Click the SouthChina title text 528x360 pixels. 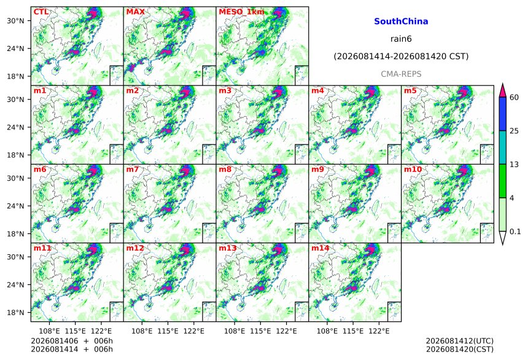pyautogui.click(x=401, y=22)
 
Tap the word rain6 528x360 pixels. pyautogui.click(x=401, y=39)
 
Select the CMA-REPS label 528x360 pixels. pyautogui.click(x=401, y=74)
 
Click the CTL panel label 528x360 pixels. pyautogui.click(x=41, y=12)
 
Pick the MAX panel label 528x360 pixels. pyautogui.click(x=135, y=12)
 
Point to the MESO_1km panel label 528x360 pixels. pyautogui.click(x=241, y=12)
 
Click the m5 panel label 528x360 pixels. pyautogui.click(x=410, y=91)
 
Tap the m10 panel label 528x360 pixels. pyautogui.click(x=413, y=169)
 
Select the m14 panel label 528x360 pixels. pyautogui.click(x=320, y=248)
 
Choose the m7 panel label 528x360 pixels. pyautogui.click(x=133, y=169)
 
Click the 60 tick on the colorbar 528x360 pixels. pyautogui.click(x=514, y=98)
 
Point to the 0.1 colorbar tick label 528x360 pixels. pyautogui.click(x=515, y=232)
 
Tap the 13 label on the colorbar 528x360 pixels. pyautogui.click(x=514, y=165)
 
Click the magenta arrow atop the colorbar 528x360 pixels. pyautogui.click(x=502, y=91)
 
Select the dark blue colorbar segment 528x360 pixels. pyautogui.click(x=502, y=114)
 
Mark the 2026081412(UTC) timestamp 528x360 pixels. pyautogui.click(x=460, y=341)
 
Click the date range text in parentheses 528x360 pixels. pyautogui.click(x=401, y=57)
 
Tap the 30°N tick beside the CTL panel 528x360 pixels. pyautogui.click(x=15, y=20)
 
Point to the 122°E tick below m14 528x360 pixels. pyautogui.click(x=379, y=331)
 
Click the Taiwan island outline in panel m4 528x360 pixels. pyautogui.click(x=375, y=128)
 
